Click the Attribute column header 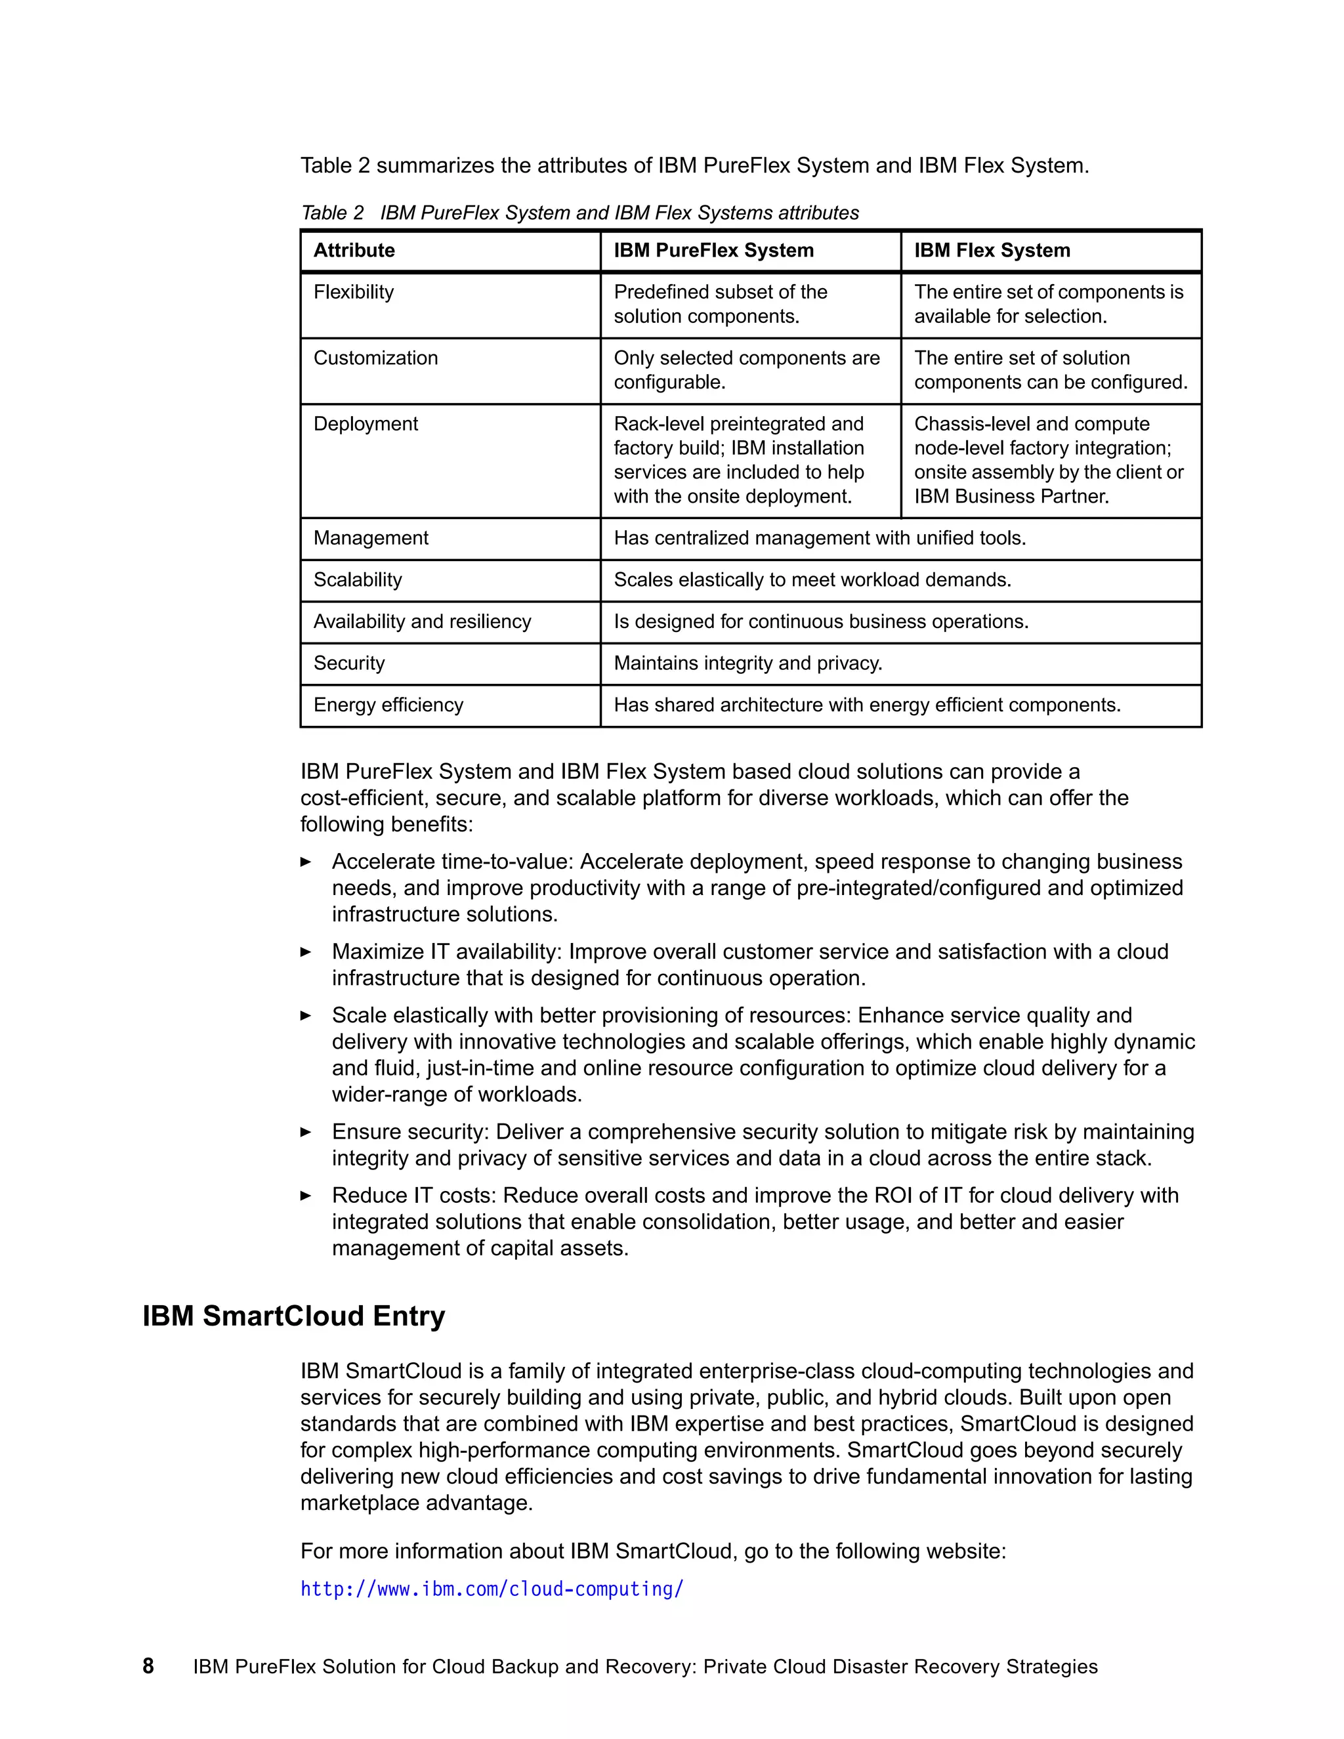(354, 251)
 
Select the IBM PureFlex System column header (713, 251)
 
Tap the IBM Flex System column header (992, 251)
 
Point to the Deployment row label (366, 425)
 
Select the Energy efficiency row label (388, 705)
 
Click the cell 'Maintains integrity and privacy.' (747, 663)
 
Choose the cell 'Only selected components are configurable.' (746, 370)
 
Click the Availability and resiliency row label (422, 622)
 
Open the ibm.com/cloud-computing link (492, 1589)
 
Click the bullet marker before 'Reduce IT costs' (306, 1196)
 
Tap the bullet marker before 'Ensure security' (306, 1132)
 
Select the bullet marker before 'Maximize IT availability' (306, 952)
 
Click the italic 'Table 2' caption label (332, 213)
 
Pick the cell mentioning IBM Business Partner (1049, 460)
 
